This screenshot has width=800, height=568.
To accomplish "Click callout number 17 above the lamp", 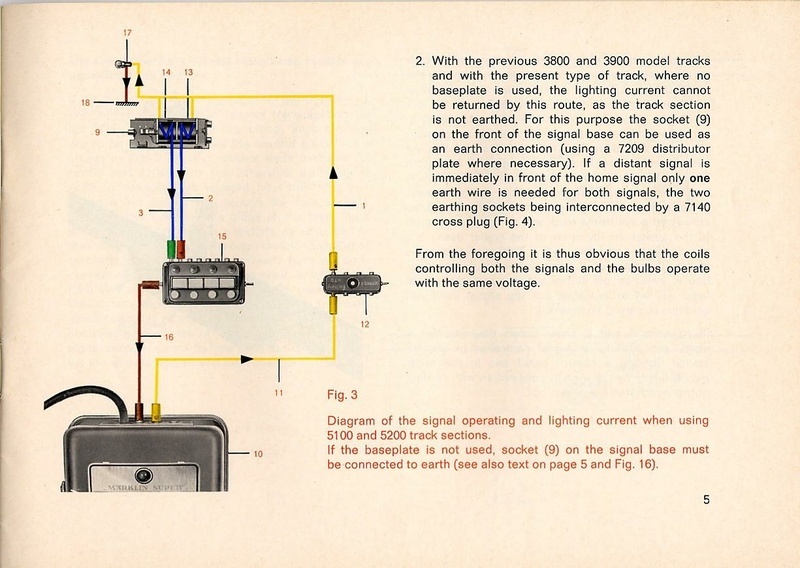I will (x=127, y=34).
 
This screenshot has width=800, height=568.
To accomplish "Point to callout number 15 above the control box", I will (x=222, y=235).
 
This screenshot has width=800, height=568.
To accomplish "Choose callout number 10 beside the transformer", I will (x=257, y=455).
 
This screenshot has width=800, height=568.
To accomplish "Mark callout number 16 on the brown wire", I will (x=168, y=338).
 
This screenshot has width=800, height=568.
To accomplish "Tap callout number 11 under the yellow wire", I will (x=278, y=391).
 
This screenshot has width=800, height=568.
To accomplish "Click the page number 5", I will (x=706, y=502).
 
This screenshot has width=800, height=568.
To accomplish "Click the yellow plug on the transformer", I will (x=158, y=409).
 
